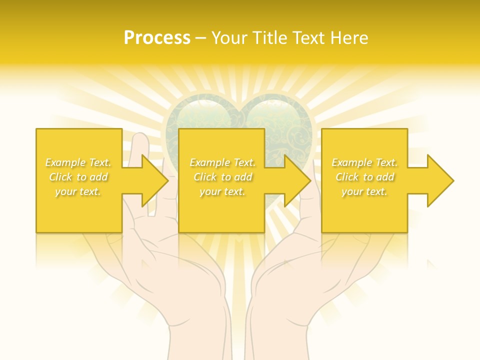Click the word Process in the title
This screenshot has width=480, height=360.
click(157, 38)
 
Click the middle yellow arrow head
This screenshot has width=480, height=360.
click(297, 180)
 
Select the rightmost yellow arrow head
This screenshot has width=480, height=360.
click(440, 180)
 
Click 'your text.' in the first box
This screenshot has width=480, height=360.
click(78, 191)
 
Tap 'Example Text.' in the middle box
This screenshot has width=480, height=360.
click(222, 162)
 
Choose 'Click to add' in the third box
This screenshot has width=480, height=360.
click(365, 177)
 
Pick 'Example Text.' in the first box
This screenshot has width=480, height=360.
click(78, 162)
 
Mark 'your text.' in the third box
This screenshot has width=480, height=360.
click(364, 191)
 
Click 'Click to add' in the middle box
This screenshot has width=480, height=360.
click(222, 177)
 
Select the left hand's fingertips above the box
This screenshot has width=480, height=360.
click(142, 140)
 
